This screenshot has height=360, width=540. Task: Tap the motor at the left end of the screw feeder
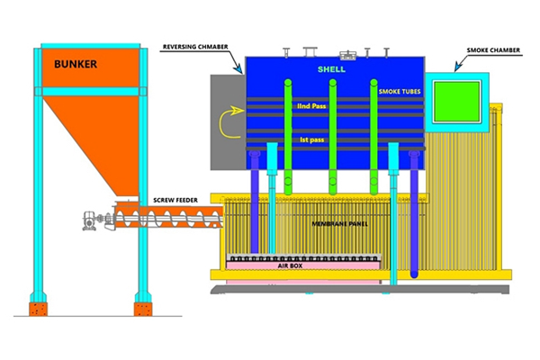(91, 218)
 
